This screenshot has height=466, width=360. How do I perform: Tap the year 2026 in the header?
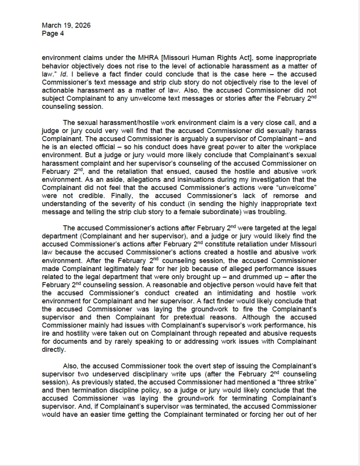point(81,26)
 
